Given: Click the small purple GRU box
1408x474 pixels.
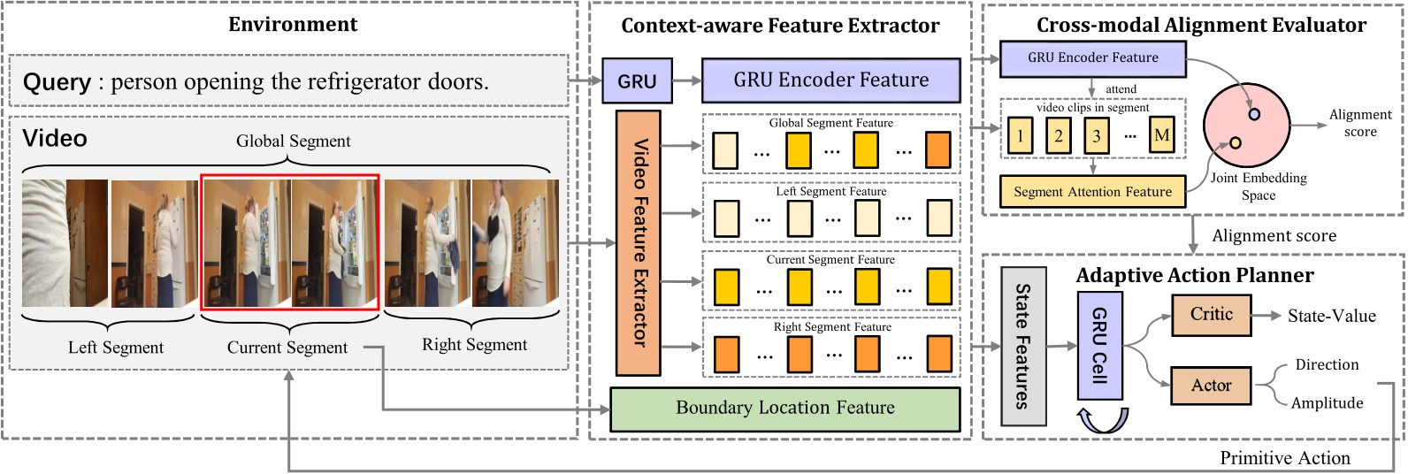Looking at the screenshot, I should coord(637,80).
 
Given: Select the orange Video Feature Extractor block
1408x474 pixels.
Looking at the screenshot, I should coord(639,242).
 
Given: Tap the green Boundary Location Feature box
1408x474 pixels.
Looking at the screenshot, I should coord(784,409).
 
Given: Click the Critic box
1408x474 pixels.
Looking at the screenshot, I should coord(1211,315).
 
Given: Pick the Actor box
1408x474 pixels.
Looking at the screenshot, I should coord(1210,386).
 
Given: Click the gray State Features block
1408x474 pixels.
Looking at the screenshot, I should coord(1023,346).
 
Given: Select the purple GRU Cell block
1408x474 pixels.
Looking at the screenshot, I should coord(1099,345).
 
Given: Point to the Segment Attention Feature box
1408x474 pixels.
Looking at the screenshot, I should coord(1092,192).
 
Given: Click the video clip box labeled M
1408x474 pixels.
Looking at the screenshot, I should coord(1161,135).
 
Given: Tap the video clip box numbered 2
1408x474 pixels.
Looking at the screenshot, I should coord(1058,135).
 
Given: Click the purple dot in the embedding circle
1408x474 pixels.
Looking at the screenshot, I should coord(1254,114).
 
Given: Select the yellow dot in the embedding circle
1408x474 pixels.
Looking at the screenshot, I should coord(1235,143).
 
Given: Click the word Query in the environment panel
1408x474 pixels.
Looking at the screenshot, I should coord(57,82).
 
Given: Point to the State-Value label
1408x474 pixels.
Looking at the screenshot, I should coord(1331,317).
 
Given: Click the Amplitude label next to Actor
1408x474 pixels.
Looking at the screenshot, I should coord(1327,403).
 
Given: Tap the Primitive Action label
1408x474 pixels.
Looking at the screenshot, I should coord(1284,458).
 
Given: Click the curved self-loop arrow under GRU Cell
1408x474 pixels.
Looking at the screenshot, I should coord(1102,420).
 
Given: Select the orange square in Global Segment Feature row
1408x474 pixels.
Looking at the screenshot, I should coord(937,149).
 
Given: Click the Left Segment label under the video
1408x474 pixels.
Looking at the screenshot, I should coord(116,348).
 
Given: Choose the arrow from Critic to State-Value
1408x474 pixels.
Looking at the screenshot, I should coord(1266,316).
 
